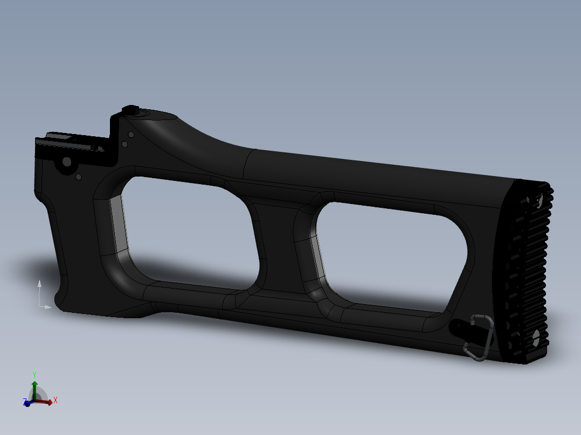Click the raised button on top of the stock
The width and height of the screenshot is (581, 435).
tap(130, 110)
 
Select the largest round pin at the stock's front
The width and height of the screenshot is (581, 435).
tap(67, 162)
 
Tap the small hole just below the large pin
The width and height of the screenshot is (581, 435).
tap(79, 176)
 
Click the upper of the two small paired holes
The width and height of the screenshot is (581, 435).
tap(130, 135)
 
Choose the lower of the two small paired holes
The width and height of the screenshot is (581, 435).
tap(124, 144)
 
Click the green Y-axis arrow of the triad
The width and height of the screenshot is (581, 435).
tap(34, 389)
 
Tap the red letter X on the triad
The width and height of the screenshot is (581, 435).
tap(55, 401)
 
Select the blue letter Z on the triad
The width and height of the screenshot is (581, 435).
tap(25, 402)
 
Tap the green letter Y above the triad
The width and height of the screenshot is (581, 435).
tap(34, 375)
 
